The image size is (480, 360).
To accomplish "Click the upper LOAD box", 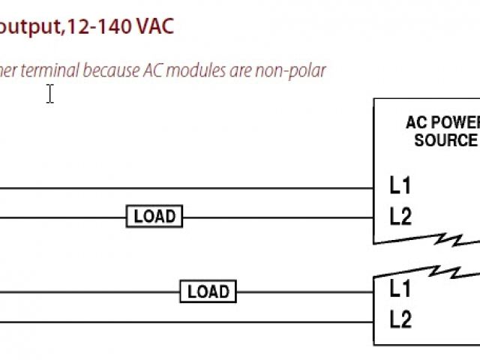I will click(154, 217).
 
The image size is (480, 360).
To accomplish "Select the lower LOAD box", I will click(208, 291).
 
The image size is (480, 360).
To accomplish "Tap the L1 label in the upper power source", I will click(400, 184).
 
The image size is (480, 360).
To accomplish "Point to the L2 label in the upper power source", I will click(400, 217).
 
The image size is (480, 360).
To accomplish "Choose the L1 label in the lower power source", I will click(400, 288).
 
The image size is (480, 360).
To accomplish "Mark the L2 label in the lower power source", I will click(400, 320).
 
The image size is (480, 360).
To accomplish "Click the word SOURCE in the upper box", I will click(445, 140).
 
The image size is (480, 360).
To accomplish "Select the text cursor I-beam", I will click(50, 94).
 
